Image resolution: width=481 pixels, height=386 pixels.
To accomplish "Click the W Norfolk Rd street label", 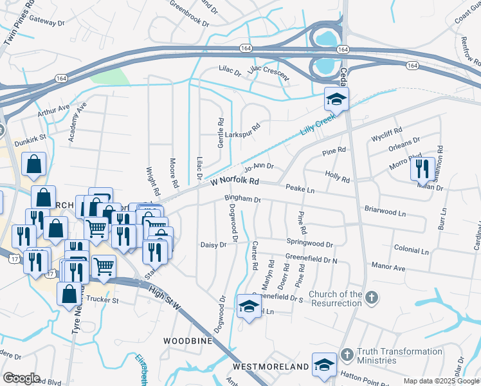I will click(x=235, y=182).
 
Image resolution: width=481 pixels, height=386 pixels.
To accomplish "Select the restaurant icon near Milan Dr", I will click(x=422, y=169).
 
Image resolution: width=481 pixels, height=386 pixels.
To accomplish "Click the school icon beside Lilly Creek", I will click(x=336, y=100).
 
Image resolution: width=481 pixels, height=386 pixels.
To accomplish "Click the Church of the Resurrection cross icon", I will click(x=370, y=297).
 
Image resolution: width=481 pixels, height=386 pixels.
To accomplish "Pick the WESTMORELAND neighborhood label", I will click(x=271, y=366).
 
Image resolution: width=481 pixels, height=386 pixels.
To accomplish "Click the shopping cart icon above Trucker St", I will click(x=104, y=266).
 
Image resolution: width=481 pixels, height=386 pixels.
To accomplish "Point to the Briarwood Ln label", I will click(x=385, y=212).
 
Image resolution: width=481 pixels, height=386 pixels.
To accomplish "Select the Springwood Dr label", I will click(x=311, y=244).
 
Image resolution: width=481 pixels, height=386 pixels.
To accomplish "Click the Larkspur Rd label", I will click(x=245, y=127).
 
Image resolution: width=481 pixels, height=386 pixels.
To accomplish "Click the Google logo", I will click(x=21, y=378).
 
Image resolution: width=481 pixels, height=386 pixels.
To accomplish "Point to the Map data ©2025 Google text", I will click(x=441, y=381).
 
